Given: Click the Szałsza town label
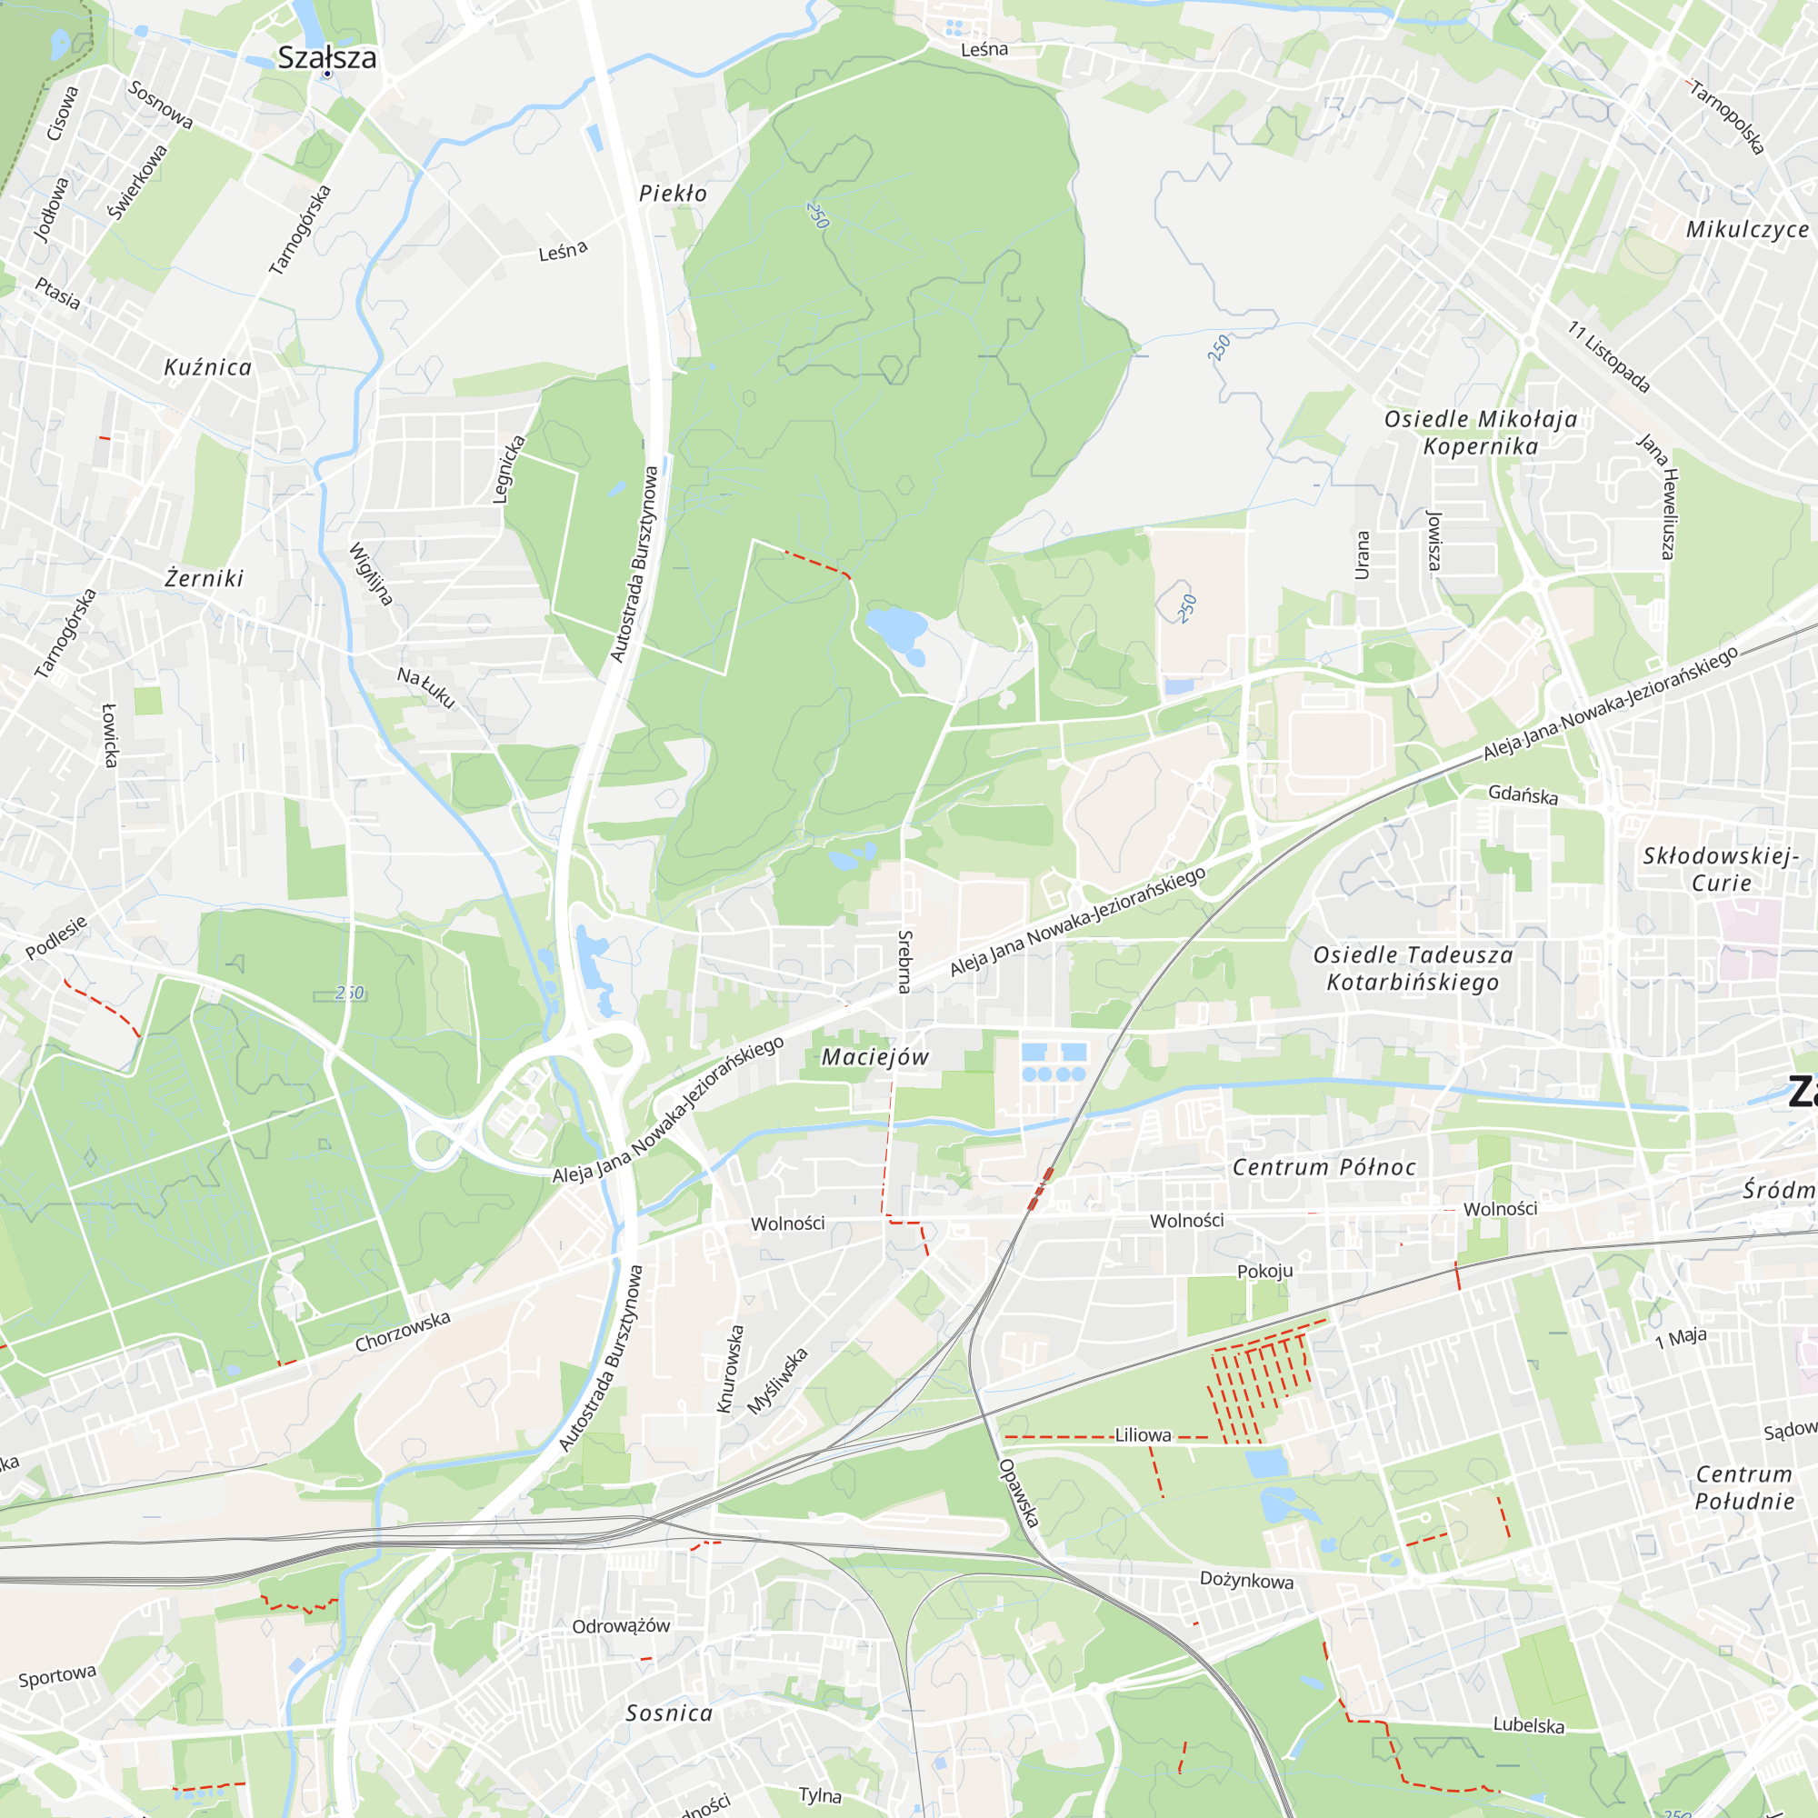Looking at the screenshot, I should coord(326,57).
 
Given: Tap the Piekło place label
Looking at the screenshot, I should coord(673,194).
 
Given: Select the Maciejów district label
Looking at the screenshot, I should coord(875,1058).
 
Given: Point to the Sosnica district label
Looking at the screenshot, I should coord(669,1713).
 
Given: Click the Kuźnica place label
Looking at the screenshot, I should coord(208,368).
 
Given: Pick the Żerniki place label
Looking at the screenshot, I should coord(205,579).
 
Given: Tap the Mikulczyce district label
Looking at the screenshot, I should coord(1746,231).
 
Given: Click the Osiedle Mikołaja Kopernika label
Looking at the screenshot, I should coord(1480,433).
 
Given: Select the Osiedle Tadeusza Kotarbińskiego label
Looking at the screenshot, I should coord(1413,969).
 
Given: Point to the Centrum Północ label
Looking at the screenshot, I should coord(1324,1168).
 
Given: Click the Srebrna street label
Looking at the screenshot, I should coord(904,962).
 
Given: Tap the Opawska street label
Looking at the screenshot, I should coord(1019,1493).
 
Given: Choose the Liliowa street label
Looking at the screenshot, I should coord(1143,1435).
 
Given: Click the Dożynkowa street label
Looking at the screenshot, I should coord(1246,1580).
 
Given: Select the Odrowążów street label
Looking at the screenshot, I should coord(621,1626).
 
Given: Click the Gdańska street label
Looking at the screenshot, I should coord(1523,795).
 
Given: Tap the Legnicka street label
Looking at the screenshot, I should coord(509,469).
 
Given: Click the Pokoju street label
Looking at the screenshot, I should coord(1264,1272).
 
